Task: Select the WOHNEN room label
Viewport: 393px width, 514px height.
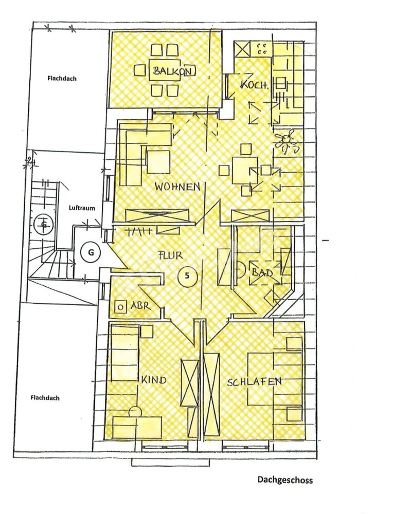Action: click(177, 187)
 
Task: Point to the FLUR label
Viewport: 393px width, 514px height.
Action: click(171, 255)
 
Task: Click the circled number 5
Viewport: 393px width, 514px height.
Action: click(187, 276)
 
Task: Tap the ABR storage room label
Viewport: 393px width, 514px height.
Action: click(140, 306)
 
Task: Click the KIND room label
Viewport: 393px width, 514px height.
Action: click(154, 380)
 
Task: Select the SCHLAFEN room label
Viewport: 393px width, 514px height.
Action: click(254, 382)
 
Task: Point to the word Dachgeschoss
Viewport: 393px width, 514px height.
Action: click(285, 480)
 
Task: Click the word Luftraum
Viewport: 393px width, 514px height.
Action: click(82, 208)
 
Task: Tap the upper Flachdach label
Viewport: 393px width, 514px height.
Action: click(62, 79)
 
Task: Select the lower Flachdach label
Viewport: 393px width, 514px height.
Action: click(45, 398)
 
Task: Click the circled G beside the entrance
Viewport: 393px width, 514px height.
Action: click(91, 252)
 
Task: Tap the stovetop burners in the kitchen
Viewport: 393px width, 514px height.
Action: click(262, 48)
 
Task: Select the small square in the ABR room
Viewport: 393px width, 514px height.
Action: click(120, 307)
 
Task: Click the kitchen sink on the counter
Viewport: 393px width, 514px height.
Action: click(281, 85)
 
